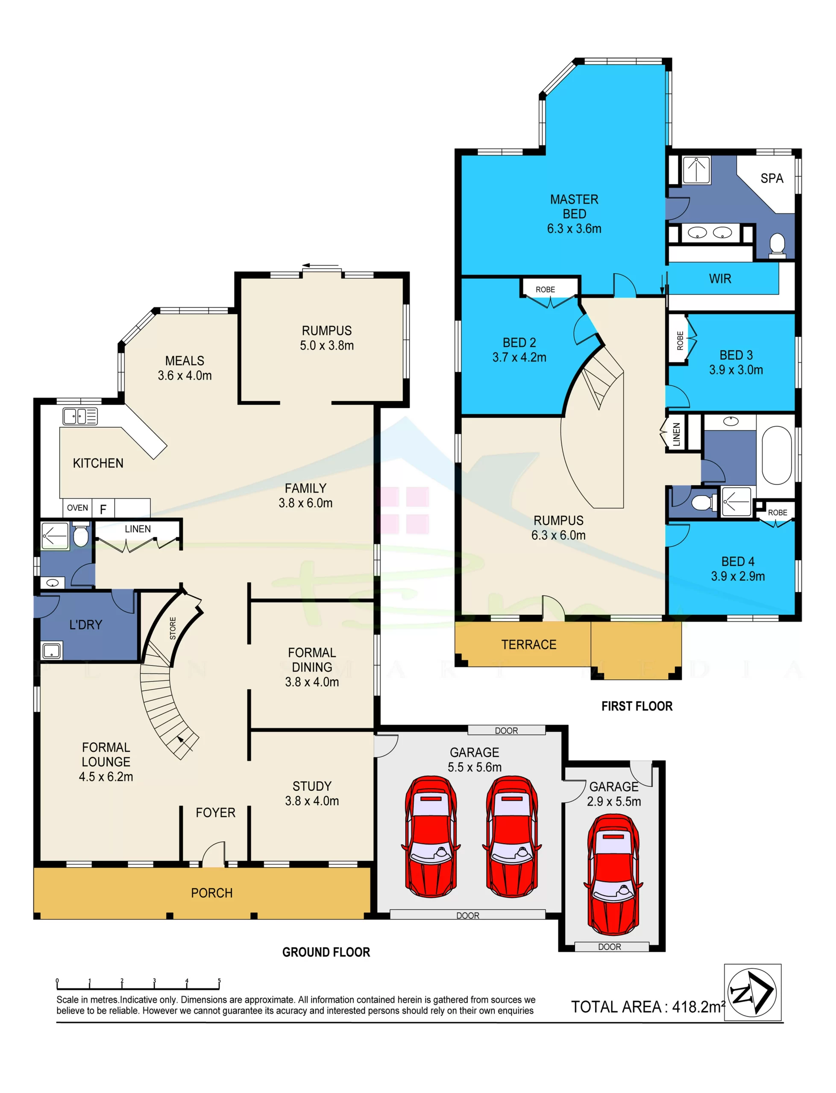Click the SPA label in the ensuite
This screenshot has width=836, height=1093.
772,178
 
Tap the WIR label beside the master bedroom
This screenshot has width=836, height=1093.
720,278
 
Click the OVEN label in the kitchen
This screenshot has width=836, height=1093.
77,508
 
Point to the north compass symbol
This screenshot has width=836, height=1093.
752,993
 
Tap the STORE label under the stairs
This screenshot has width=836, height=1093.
173,628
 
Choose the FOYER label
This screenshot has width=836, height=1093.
215,812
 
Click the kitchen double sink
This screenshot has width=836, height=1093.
80,416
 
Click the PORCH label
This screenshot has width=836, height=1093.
212,893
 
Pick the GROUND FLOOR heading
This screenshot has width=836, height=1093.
326,952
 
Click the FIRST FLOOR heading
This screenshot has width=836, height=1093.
637,706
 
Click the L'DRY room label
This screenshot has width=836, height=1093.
85,625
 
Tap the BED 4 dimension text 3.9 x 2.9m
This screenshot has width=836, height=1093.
738,576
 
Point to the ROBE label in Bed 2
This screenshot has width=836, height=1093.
546,289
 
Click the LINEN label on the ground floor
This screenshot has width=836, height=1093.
138,529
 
